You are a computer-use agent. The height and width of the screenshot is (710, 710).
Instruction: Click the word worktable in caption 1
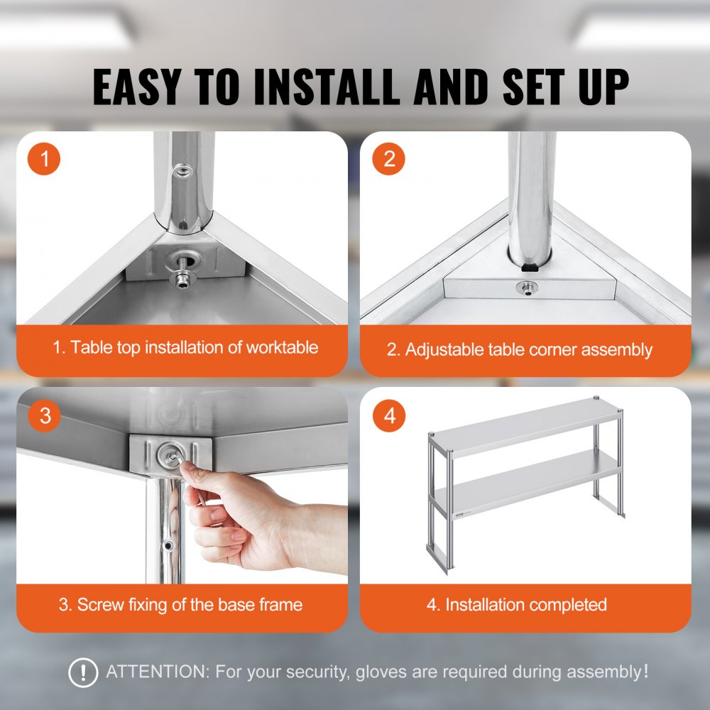point(282,348)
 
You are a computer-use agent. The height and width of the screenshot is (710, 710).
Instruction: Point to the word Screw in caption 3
point(99,605)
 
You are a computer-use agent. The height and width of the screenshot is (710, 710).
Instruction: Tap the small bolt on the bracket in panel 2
point(526,288)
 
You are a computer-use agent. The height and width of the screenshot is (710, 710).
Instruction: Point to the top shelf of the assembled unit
point(532,426)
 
